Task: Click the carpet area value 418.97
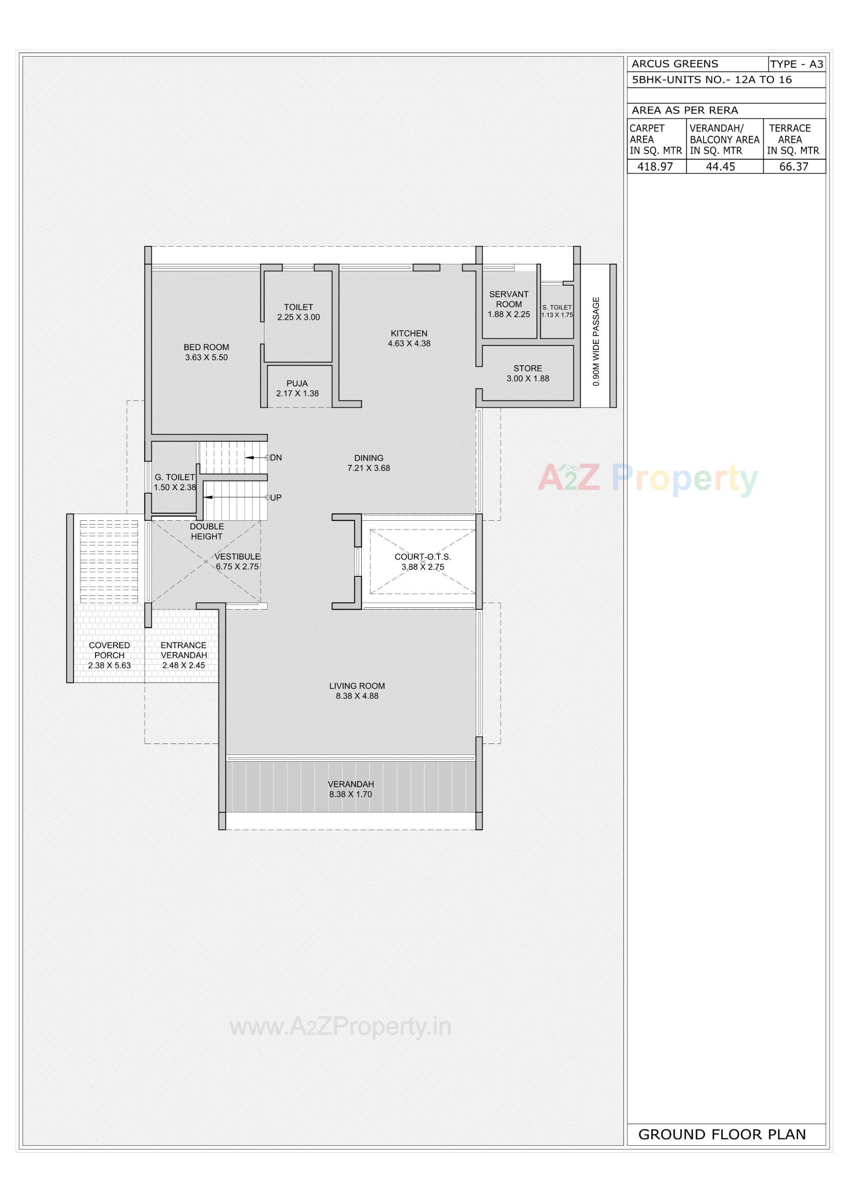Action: pos(655,167)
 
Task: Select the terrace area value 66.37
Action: pos(794,167)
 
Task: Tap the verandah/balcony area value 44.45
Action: pos(720,167)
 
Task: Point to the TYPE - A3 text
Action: pos(796,65)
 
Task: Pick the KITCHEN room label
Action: pos(409,333)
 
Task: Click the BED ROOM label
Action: pos(206,347)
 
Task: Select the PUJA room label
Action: pos(297,383)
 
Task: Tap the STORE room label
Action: pos(528,368)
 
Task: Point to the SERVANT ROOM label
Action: pos(509,299)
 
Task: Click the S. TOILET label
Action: pos(557,308)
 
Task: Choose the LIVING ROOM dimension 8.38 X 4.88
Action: pos(357,696)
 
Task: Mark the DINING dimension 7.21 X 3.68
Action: pos(368,468)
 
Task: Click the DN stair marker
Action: pos(275,458)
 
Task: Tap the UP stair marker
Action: pos(275,497)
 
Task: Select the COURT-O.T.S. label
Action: pos(422,557)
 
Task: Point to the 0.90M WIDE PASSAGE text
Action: pos(596,342)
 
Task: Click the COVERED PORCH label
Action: pos(109,650)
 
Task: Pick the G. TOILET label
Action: pos(174,477)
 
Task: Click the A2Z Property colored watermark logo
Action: pos(648,478)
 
